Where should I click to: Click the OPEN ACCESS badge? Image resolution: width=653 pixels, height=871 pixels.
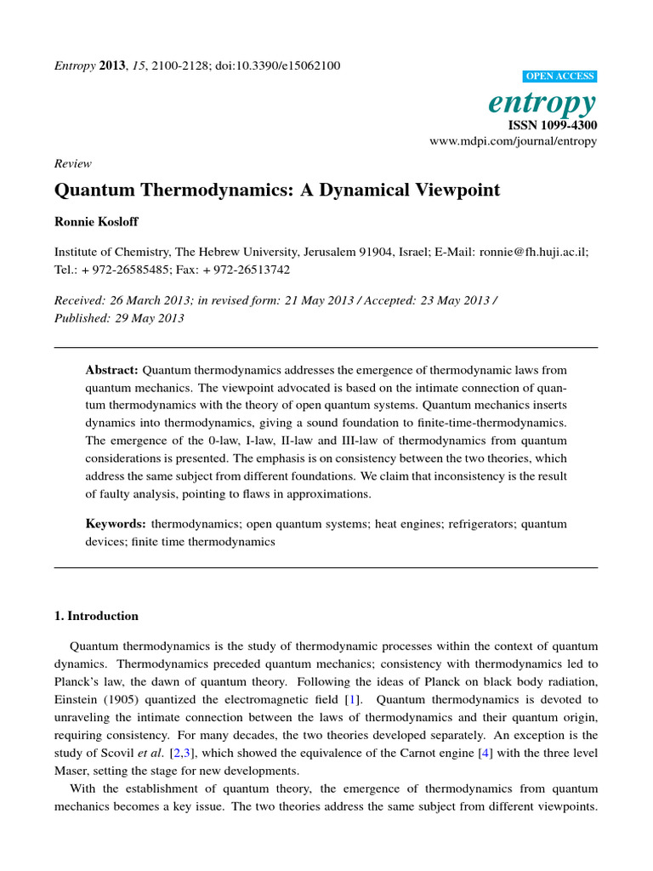coord(563,77)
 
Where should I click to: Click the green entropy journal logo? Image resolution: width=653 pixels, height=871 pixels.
coord(542,102)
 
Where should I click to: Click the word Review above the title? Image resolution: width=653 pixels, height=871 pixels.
coord(72,163)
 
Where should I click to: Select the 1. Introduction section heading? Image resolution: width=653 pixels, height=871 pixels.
coord(96,616)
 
